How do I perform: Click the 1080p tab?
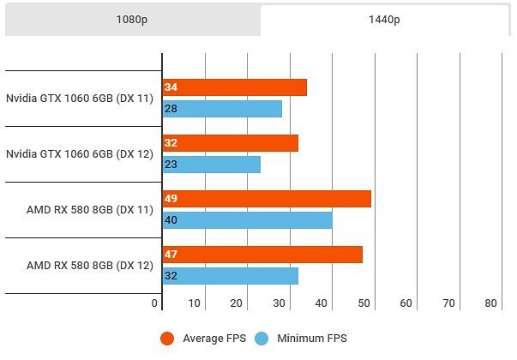[132, 20]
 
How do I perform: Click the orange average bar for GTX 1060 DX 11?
[234, 87]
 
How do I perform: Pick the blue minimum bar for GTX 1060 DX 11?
[222, 109]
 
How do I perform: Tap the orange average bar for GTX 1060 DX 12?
[230, 143]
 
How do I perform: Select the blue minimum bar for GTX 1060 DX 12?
[211, 165]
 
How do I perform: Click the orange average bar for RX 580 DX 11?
[267, 199]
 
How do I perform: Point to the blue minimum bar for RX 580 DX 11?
[247, 220]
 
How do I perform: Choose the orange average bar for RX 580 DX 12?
[262, 255]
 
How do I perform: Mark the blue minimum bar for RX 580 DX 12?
[230, 276]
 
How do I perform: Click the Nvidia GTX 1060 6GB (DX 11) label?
[79, 99]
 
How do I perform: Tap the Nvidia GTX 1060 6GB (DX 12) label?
[79, 154]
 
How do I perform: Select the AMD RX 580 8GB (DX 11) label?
[89, 210]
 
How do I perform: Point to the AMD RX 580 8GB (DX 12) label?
[89, 266]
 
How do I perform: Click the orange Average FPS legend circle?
[168, 339]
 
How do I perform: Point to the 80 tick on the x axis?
[490, 303]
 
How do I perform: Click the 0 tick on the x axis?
[155, 303]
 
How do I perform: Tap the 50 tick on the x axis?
[364, 303]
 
